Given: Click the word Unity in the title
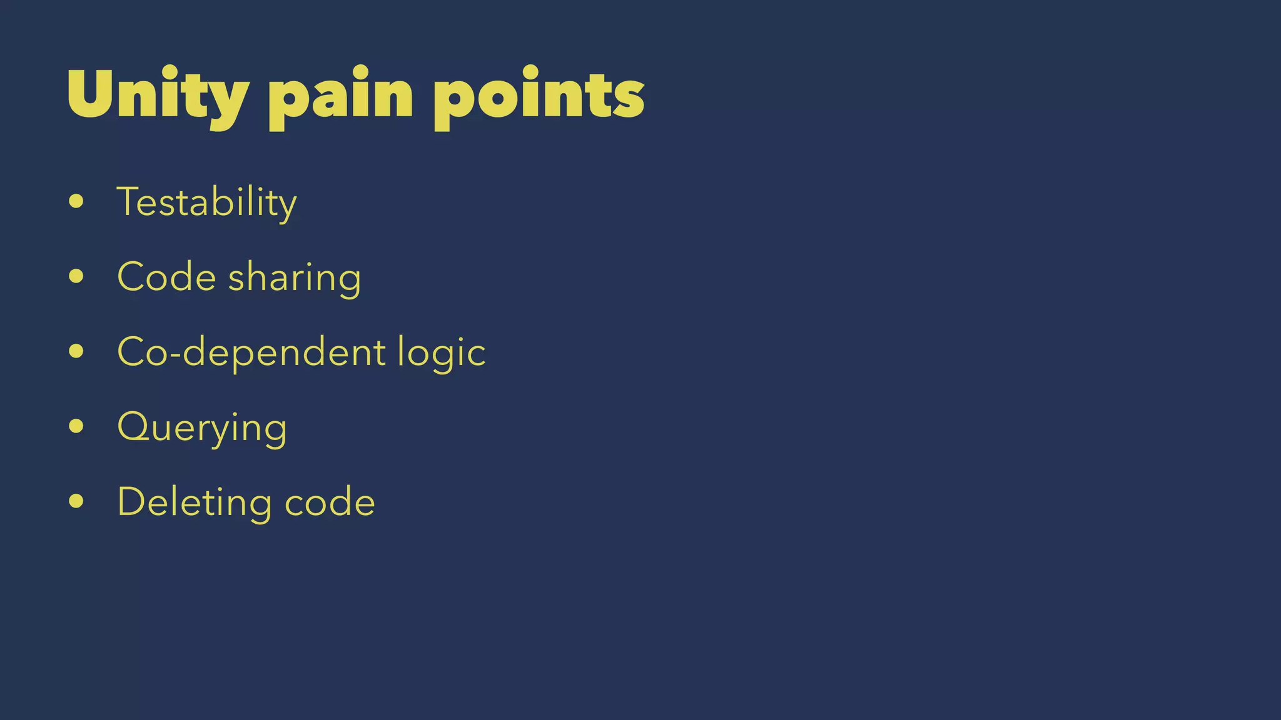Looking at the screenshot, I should tap(158, 95).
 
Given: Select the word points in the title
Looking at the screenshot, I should tap(539, 95).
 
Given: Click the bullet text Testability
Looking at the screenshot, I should tap(206, 202).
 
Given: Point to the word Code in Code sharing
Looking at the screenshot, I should tap(166, 277).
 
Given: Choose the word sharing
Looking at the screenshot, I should tap(295, 279).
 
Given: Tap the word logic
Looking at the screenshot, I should tap(442, 354).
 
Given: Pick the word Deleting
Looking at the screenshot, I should tap(195, 502).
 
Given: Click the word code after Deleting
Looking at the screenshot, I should tap(330, 502).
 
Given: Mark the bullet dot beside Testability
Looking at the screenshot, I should tap(76, 201).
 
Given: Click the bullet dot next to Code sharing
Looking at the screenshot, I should tap(76, 276).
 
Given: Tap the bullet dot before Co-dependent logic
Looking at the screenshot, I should tap(76, 351).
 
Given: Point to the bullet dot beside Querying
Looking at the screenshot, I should tap(76, 426).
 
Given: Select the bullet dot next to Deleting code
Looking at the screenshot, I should tap(76, 501).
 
